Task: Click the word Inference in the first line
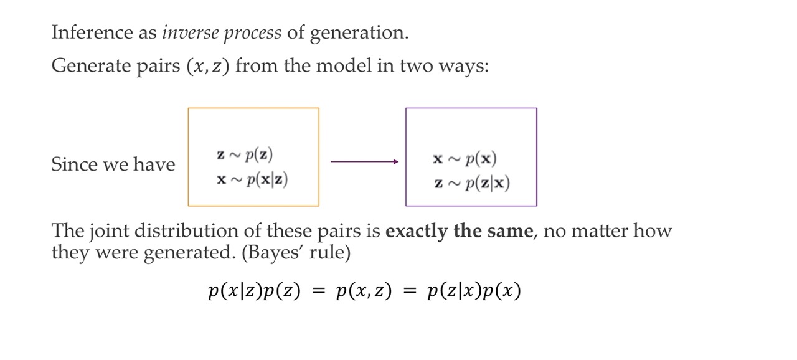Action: [92, 32]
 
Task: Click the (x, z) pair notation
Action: [208, 66]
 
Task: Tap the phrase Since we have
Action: [113, 164]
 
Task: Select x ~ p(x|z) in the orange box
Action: [252, 180]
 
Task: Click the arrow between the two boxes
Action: [364, 162]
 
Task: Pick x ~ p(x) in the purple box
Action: [465, 159]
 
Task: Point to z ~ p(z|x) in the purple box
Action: [472, 183]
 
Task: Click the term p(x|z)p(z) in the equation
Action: [255, 291]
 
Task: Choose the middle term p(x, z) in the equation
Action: [364, 291]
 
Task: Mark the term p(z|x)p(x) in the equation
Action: [474, 291]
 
